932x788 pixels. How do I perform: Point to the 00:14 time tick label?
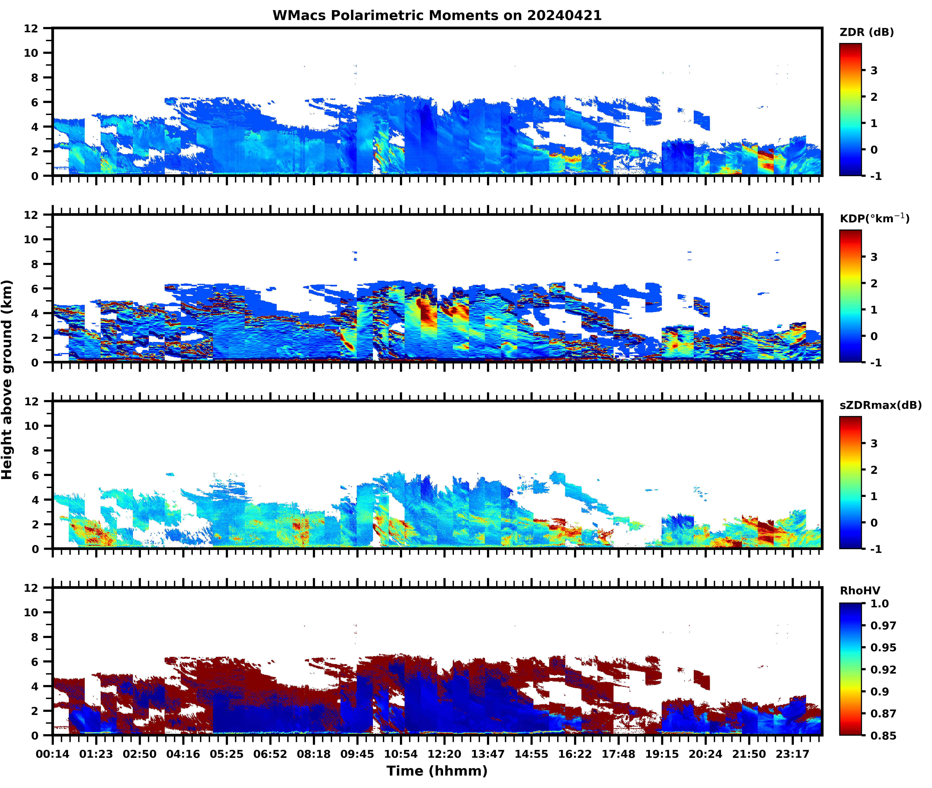tap(53, 754)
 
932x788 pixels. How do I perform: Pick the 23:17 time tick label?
tap(792, 754)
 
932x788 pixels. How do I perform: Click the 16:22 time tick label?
tap(575, 754)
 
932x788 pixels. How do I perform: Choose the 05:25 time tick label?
tap(227, 754)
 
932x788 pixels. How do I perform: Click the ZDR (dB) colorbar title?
tap(866, 32)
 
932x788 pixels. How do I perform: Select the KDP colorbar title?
tap(874, 218)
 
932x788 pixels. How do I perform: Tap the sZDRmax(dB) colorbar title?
tap(880, 405)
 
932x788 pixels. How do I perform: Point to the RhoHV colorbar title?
tap(860, 591)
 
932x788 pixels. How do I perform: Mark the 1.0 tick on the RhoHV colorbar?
tap(879, 603)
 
